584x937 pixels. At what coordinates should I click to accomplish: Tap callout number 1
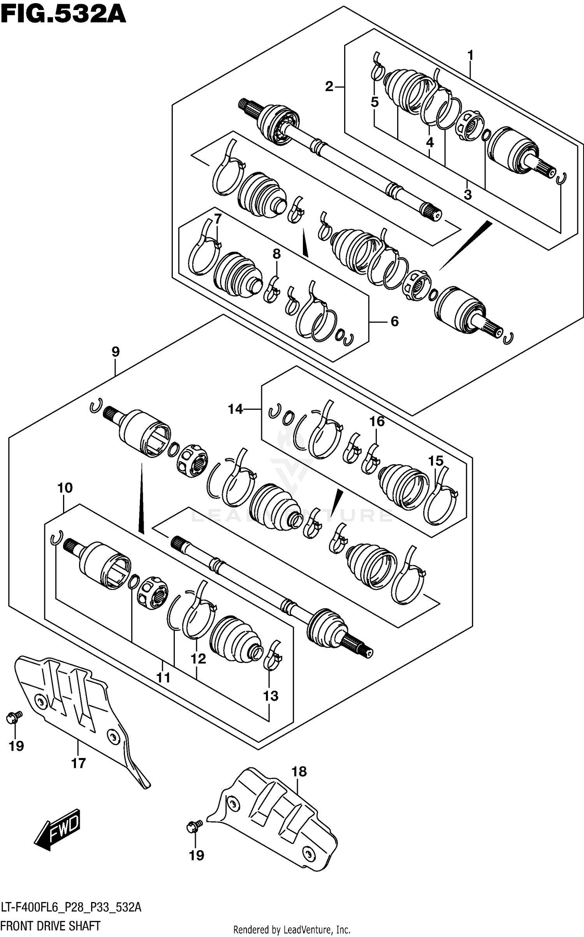tap(470, 56)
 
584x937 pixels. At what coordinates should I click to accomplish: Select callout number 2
tap(329, 87)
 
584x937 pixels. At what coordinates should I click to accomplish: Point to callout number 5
tap(375, 102)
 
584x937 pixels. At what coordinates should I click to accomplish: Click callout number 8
tap(276, 254)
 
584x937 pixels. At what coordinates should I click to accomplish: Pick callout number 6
tap(394, 321)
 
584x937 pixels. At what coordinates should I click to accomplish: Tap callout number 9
tap(115, 352)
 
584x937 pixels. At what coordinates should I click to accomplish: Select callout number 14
tap(235, 409)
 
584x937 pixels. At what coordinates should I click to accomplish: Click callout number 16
tap(377, 421)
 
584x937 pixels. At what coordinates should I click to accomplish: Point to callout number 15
tap(436, 461)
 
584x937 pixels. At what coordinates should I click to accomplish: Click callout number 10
tap(65, 488)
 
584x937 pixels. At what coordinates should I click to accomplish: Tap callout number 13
tap(271, 696)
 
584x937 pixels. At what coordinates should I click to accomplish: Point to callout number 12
tap(198, 659)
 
